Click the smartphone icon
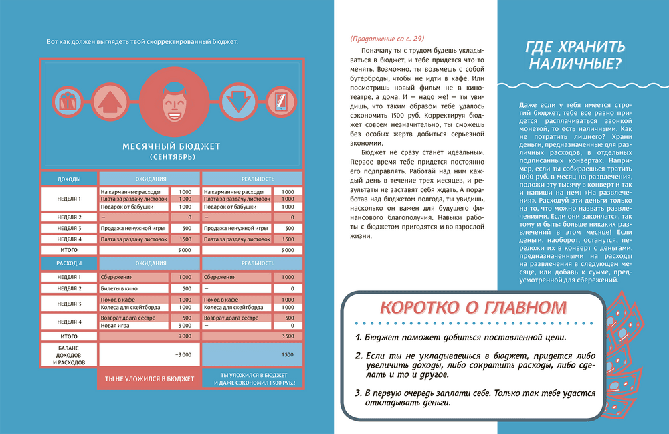pyautogui.click(x=280, y=102)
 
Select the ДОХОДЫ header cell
pyautogui.click(x=70, y=179)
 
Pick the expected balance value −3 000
pyautogui.click(x=183, y=354)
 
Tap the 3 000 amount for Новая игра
pyautogui.click(x=185, y=325)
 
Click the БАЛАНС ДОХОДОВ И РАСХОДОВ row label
pyautogui.click(x=70, y=354)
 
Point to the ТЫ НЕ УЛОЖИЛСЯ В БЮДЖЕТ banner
pyautogui.click(x=149, y=379)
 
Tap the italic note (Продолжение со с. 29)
pyautogui.click(x=387, y=38)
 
